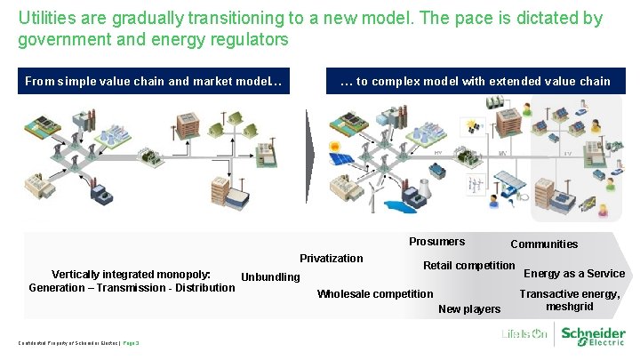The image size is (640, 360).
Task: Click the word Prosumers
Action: coord(436,242)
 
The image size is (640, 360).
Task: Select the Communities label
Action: coord(543,244)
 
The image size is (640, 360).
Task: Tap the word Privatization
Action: coord(331,259)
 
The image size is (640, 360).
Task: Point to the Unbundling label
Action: coord(270,277)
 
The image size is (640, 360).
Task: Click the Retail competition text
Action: coord(468,266)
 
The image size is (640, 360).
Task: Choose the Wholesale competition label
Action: coord(375,294)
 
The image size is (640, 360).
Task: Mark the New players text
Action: coord(469,309)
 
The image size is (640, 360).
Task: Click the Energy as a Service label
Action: coord(574,274)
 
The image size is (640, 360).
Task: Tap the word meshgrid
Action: coord(570,307)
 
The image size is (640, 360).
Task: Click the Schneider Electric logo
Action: coord(592,334)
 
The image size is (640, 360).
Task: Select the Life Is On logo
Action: coord(524,335)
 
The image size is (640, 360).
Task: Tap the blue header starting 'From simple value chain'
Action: coord(153,82)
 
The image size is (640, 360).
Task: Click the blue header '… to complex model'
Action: coord(475,82)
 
